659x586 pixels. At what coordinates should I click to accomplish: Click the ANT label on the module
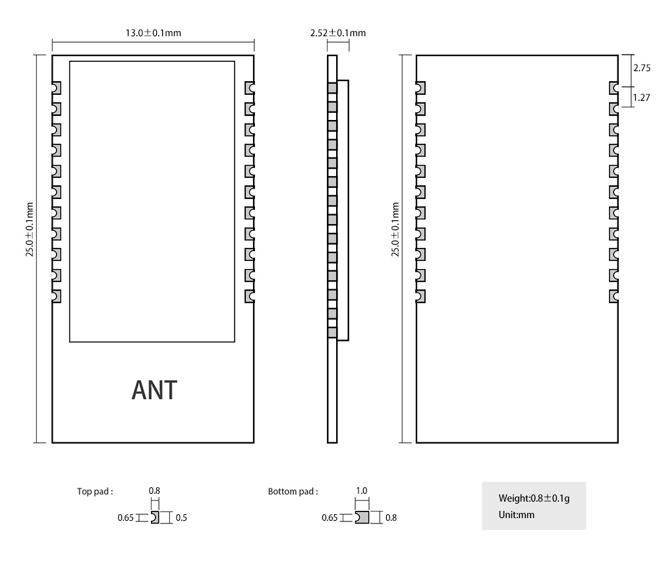pyautogui.click(x=154, y=390)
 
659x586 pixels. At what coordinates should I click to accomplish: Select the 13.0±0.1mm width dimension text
pyautogui.click(x=154, y=32)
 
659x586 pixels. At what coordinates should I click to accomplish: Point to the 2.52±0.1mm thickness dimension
pyautogui.click(x=337, y=32)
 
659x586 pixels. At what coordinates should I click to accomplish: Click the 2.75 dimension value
pyautogui.click(x=641, y=68)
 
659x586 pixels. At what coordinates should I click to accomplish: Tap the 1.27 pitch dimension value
pyautogui.click(x=641, y=98)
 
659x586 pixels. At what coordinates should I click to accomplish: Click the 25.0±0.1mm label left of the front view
pyautogui.click(x=30, y=230)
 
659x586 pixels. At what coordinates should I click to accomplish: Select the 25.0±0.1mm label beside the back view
pyautogui.click(x=395, y=230)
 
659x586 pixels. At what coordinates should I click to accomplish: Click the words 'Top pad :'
pyautogui.click(x=95, y=491)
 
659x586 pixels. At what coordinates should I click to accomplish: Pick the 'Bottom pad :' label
pyautogui.click(x=293, y=491)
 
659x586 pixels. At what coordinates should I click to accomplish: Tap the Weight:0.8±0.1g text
pyautogui.click(x=534, y=498)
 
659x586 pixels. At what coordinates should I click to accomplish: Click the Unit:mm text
pyautogui.click(x=517, y=515)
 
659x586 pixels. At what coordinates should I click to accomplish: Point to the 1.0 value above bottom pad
pyautogui.click(x=361, y=491)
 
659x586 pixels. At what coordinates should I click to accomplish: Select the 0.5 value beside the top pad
pyautogui.click(x=181, y=518)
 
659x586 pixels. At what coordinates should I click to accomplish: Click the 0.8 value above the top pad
pyautogui.click(x=154, y=491)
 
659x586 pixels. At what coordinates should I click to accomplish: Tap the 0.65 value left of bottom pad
pyautogui.click(x=329, y=518)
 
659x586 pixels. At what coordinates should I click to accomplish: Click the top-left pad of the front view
pyautogui.click(x=57, y=88)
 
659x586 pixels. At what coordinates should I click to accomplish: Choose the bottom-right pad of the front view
pyautogui.click(x=250, y=297)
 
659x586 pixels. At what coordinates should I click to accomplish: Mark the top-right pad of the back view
pyautogui.click(x=614, y=88)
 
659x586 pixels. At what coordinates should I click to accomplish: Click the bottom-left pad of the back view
pyautogui.click(x=420, y=297)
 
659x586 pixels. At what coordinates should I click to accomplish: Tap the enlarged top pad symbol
pyautogui.click(x=155, y=517)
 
